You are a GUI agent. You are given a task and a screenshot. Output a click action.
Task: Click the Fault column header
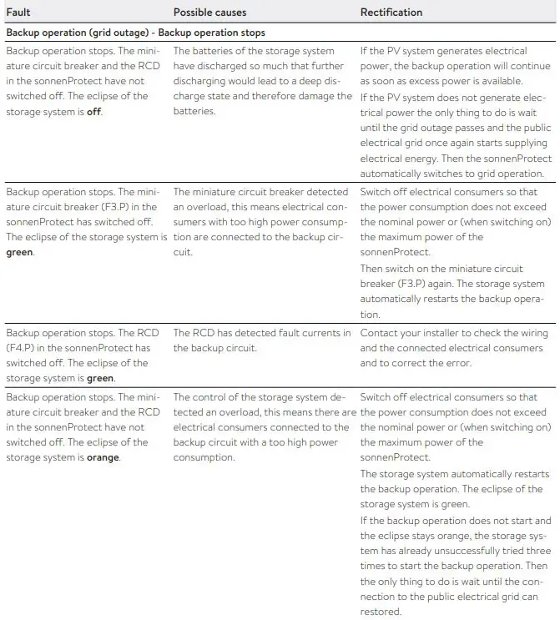[18, 13]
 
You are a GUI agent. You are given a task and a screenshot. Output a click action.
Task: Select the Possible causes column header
[210, 13]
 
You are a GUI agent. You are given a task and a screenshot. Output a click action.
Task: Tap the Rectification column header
[391, 13]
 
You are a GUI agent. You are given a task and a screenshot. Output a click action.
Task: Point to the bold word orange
[103, 457]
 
